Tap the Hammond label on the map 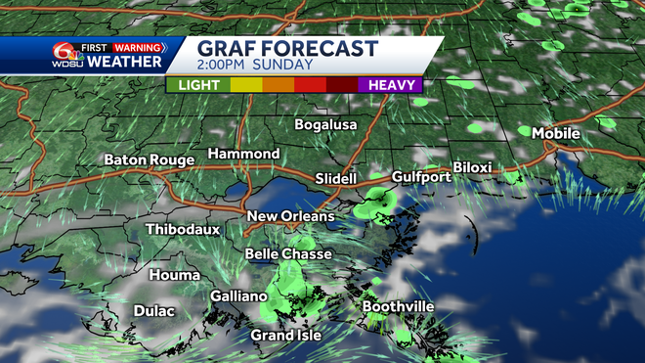point(243,155)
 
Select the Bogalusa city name point(326,125)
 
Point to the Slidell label point(338,178)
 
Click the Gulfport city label point(421,177)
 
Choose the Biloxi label point(472,167)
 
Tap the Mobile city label point(556,133)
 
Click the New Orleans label point(290,216)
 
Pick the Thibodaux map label point(183,229)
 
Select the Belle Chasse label point(288,254)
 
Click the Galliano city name point(239,296)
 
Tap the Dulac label point(153,311)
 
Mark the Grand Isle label point(285,335)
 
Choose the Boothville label point(399,307)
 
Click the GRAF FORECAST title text point(287,48)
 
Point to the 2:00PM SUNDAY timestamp point(254,65)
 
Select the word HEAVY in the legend point(390,85)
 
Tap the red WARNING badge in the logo point(138,46)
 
